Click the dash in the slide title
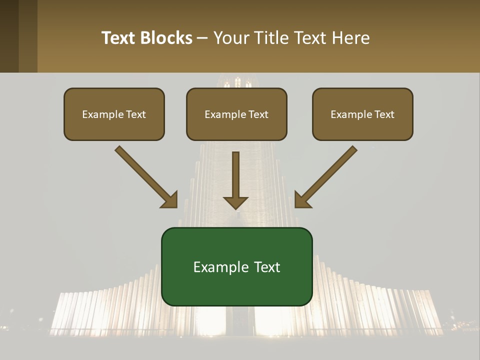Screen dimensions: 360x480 point(202,38)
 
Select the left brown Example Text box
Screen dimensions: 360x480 point(114,114)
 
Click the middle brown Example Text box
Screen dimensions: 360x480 point(236,114)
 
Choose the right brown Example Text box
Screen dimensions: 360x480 point(362,114)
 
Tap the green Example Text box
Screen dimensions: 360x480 point(236,266)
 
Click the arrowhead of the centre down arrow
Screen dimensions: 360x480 point(235,202)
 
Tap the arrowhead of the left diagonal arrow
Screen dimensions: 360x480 point(170,200)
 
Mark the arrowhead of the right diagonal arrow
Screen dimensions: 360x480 point(302,200)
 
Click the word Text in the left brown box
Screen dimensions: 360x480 point(136,114)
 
